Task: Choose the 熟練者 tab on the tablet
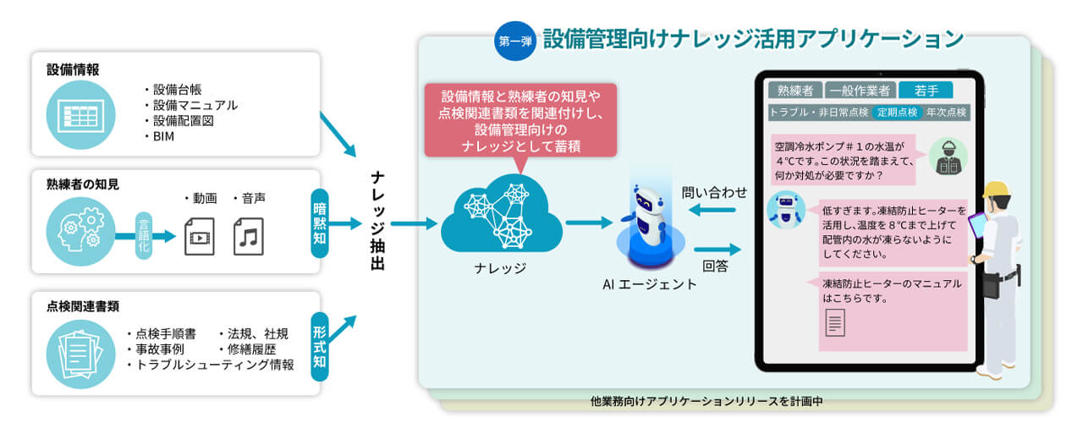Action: point(795,91)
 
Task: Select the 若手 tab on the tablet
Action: point(926,91)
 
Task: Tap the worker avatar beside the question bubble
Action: point(948,157)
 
